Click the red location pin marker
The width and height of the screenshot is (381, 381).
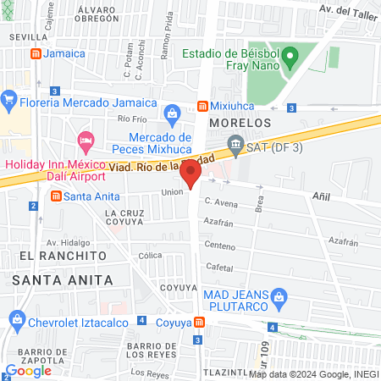190,174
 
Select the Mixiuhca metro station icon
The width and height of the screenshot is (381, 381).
202,107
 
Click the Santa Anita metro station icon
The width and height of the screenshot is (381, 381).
56,196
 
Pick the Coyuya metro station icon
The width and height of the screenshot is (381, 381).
197,322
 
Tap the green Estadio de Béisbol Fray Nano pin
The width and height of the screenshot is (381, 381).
290,58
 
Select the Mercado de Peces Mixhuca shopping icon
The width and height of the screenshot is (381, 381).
173,113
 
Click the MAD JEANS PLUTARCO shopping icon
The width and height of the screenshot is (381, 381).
282,296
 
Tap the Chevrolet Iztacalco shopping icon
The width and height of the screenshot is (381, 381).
16,317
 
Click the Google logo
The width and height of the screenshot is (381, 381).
28,370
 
